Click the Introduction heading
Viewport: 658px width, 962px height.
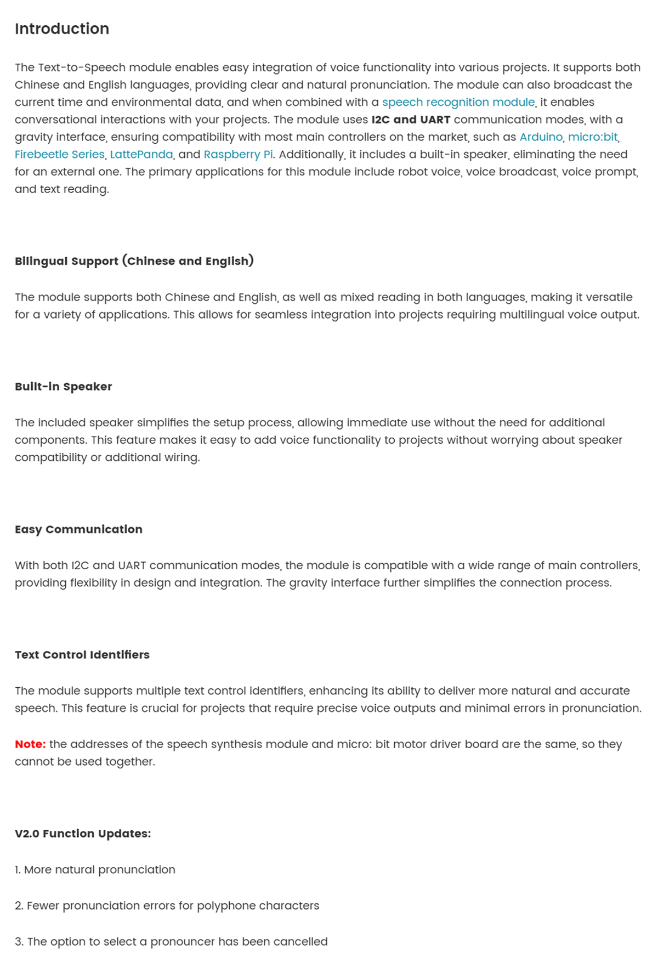pos(61,29)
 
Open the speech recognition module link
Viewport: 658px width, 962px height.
pos(458,102)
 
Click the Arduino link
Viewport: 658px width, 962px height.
pos(541,137)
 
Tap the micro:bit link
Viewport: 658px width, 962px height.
pos(593,137)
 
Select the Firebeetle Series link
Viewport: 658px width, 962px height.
pos(59,155)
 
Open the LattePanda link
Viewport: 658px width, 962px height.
pos(141,155)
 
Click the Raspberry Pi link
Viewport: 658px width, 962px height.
pos(238,155)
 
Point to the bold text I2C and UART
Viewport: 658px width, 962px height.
pos(411,120)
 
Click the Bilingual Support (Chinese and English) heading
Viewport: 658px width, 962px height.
pos(134,261)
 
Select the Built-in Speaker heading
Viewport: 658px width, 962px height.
pos(63,387)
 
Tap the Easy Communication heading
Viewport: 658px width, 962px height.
pos(78,529)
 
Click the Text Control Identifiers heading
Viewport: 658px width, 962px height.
pos(82,655)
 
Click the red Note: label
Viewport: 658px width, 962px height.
pos(30,744)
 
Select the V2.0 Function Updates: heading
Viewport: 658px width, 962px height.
pos(82,834)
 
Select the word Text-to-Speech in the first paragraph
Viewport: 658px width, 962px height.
pos(82,67)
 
